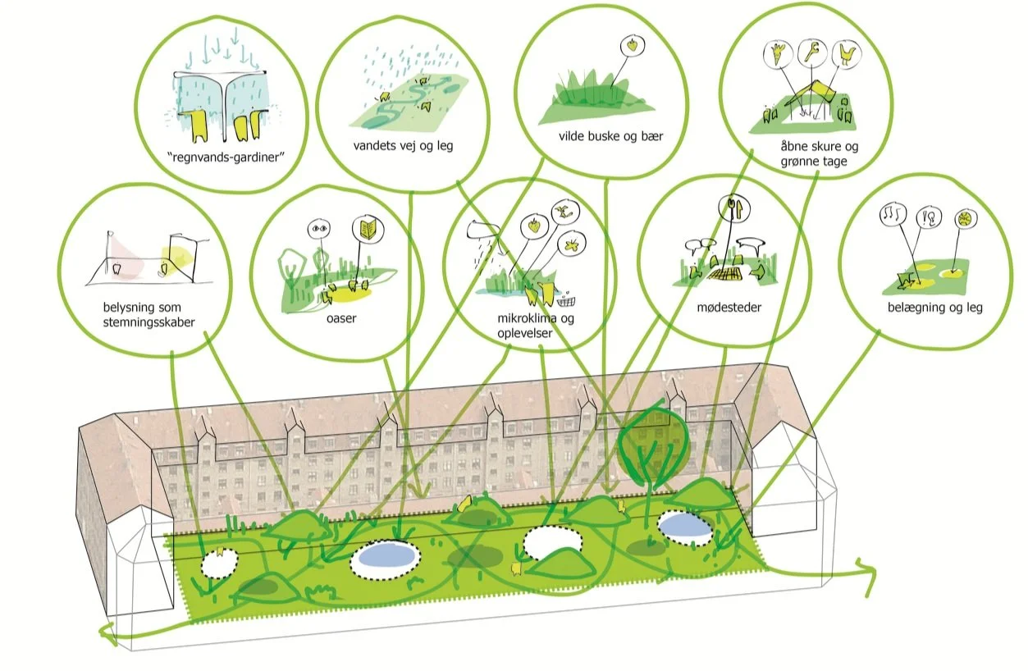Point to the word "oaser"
click(x=341, y=318)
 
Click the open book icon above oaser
click(x=364, y=228)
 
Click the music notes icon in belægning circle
click(x=889, y=217)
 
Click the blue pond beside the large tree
click(x=685, y=527)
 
